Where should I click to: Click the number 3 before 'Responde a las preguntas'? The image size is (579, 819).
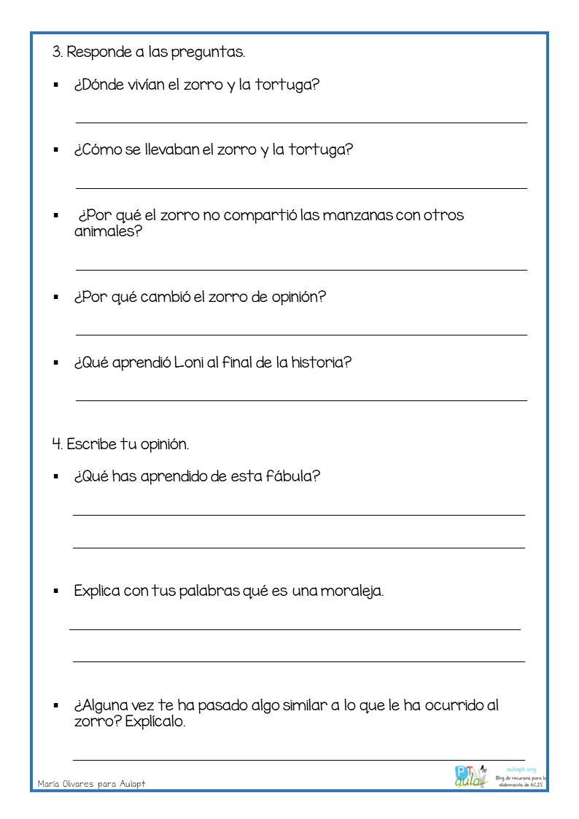(x=55, y=53)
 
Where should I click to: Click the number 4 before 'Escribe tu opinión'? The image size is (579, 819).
(x=55, y=444)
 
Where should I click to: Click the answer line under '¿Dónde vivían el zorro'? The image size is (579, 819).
(x=301, y=123)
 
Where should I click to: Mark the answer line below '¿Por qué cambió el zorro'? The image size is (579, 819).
(x=301, y=335)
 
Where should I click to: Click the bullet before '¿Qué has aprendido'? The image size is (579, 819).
(x=55, y=477)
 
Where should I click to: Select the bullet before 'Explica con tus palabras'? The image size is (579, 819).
(x=55, y=591)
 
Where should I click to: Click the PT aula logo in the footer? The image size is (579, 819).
(x=470, y=775)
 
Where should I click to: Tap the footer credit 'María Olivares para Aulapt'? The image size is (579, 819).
(x=92, y=783)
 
